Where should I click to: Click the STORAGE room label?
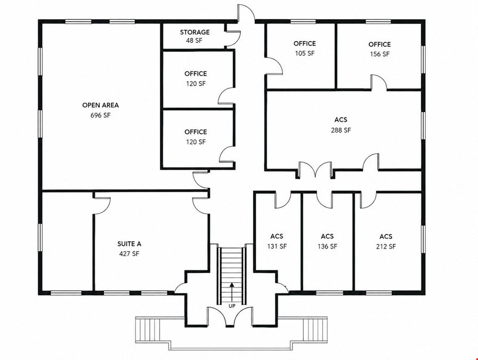(195, 32)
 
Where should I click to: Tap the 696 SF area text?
(100, 115)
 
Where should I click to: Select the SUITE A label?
(129, 244)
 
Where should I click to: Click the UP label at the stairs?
(232, 306)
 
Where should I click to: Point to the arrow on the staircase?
(232, 292)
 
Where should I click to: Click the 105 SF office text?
(304, 53)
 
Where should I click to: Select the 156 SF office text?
(379, 54)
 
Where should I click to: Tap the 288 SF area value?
(341, 130)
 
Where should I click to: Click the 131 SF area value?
(277, 246)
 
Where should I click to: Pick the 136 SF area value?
(327, 246)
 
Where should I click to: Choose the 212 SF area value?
(386, 246)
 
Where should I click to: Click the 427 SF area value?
(129, 253)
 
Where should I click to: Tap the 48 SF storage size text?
(194, 41)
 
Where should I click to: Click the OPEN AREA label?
(100, 105)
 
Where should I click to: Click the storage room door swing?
(233, 39)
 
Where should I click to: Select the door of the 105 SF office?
(274, 66)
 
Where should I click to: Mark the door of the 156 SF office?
(379, 82)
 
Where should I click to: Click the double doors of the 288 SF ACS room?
(315, 170)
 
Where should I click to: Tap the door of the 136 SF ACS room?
(324, 200)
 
